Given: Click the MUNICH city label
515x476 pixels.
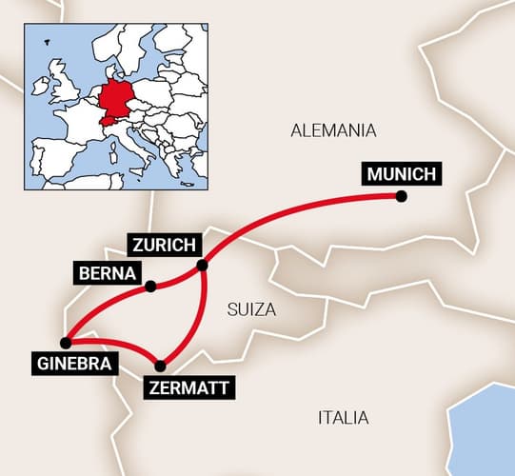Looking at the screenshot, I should [x=402, y=175].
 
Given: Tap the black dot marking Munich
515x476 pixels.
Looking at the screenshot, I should [x=402, y=196].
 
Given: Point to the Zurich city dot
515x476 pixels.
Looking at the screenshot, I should [x=202, y=266].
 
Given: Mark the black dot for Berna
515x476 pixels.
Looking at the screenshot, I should [x=150, y=285].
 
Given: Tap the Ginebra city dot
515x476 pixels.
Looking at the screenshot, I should [x=65, y=343].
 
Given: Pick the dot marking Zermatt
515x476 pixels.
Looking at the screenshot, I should [x=160, y=366].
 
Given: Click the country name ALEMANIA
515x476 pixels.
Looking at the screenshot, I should [x=334, y=131].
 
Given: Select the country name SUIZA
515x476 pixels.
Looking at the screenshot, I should [x=252, y=309].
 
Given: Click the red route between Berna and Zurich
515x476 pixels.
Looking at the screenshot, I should [x=177, y=278].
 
